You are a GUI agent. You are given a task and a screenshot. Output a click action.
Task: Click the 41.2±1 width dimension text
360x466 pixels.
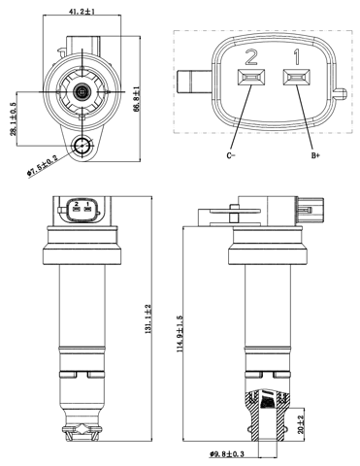click(x=82, y=11)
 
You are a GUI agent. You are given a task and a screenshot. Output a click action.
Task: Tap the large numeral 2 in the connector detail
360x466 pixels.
click(x=251, y=55)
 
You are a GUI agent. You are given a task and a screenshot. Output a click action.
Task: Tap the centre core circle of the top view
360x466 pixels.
click(x=82, y=92)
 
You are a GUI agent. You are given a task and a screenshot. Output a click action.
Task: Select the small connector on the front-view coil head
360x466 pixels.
click(x=82, y=208)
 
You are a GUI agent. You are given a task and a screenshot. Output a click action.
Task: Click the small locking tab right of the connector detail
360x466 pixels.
click(x=339, y=95)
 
